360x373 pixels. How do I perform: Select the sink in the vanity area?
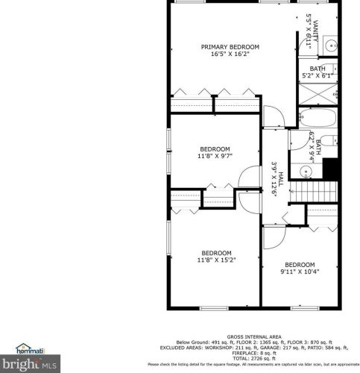click(x=331, y=46)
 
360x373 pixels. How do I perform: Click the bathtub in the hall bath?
click(x=319, y=119)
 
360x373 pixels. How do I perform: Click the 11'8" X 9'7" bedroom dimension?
click(x=214, y=157)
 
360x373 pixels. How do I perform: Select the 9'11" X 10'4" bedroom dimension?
click(x=300, y=272)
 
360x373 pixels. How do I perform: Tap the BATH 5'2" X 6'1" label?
click(x=317, y=72)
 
